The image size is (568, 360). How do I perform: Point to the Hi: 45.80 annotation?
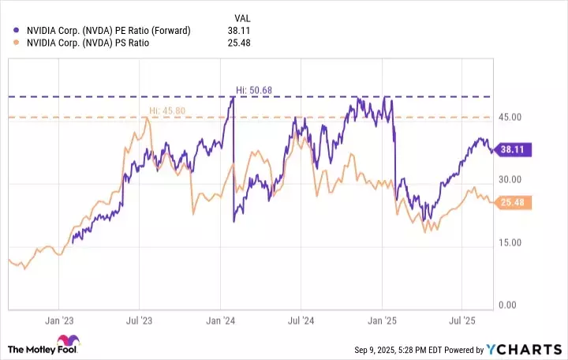point(167,111)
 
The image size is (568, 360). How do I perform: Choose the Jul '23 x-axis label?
point(139,321)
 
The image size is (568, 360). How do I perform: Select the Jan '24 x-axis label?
point(220,321)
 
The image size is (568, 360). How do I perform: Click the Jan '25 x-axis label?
point(382,321)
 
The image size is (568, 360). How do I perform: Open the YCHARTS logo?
point(530,349)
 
